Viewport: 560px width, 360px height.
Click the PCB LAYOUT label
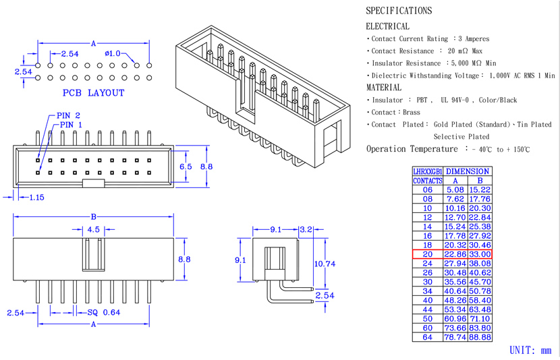pos(94,93)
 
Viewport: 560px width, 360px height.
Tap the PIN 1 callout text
pos(71,125)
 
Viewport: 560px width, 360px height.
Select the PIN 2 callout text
pos(68,115)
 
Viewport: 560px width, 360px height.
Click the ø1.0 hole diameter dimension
pos(113,53)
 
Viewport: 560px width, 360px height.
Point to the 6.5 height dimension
pos(186,167)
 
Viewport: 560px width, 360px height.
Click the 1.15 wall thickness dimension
pos(36,198)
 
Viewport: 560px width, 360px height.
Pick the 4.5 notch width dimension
pos(94,229)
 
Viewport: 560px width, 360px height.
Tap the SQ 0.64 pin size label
pos(104,313)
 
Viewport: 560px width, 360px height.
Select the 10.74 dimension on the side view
pos(325,264)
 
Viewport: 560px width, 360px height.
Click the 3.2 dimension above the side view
pos(306,229)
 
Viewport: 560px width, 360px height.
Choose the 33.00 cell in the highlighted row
pos(480,254)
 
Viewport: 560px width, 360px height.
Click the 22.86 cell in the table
pos(455,254)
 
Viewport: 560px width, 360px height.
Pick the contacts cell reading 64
pos(428,337)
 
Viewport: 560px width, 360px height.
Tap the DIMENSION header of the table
pos(468,171)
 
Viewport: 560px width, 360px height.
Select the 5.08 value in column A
pos(455,190)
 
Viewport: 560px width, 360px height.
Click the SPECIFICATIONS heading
pos(399,11)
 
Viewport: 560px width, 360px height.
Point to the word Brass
pos(412,113)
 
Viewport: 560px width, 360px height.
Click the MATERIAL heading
pos(384,88)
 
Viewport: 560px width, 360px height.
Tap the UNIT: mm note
pos(530,351)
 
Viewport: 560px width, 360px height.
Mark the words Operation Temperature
pos(412,149)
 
